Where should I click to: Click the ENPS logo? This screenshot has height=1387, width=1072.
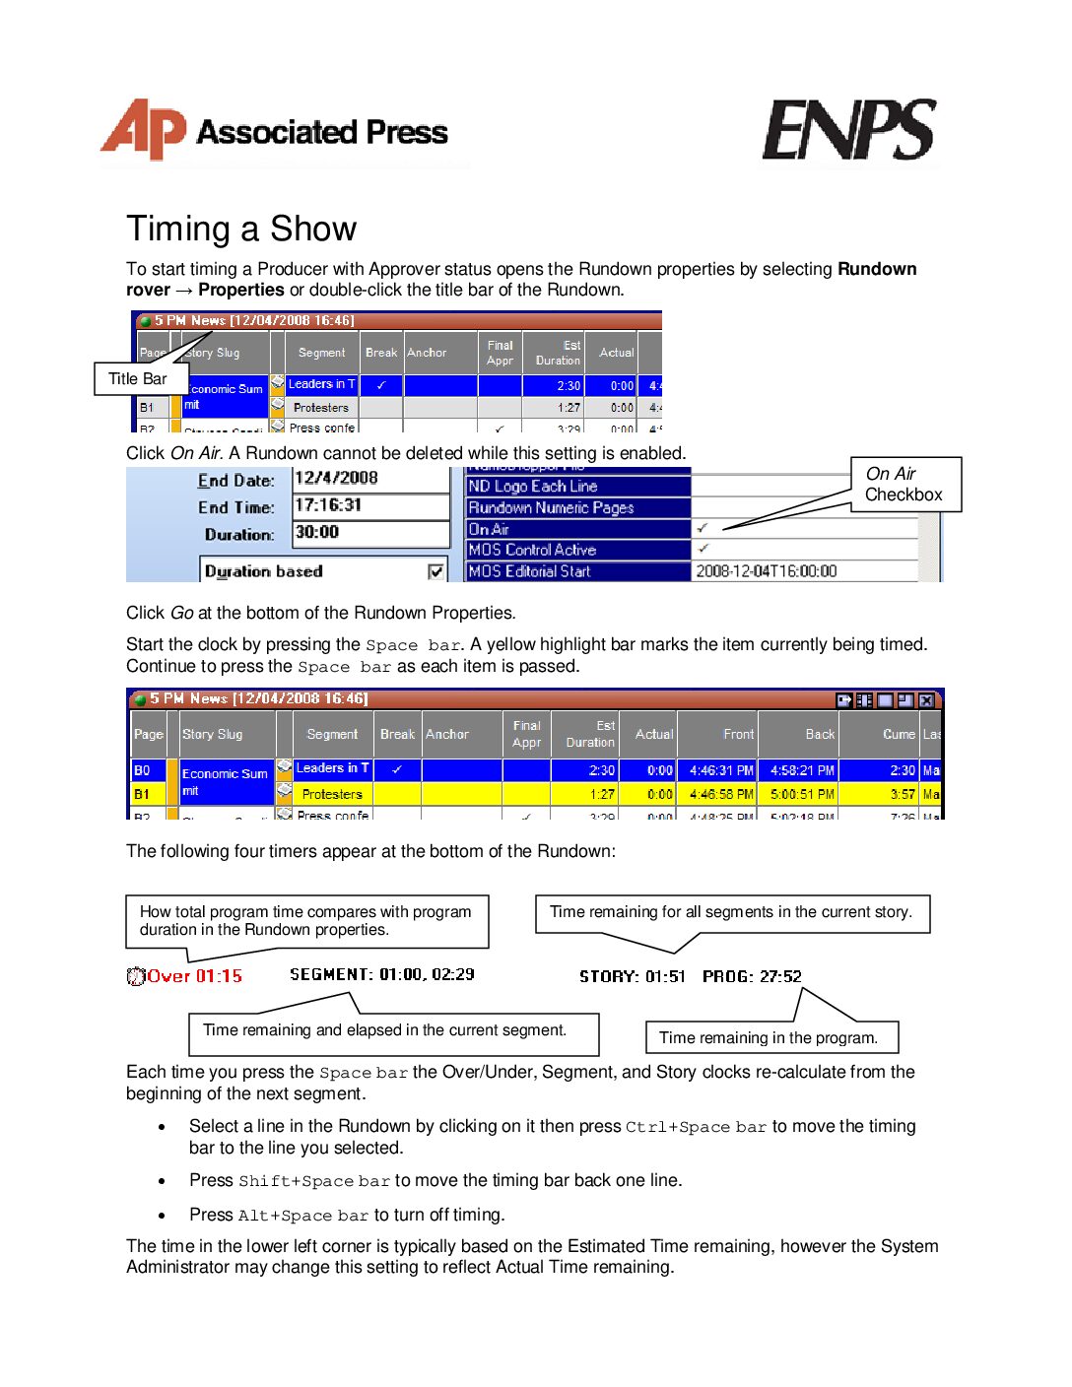(848, 130)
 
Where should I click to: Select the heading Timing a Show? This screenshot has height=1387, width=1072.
(241, 229)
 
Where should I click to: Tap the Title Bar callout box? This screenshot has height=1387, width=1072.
(138, 379)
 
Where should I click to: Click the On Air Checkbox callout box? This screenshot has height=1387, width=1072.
(904, 485)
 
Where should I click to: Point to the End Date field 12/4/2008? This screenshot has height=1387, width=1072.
(370, 479)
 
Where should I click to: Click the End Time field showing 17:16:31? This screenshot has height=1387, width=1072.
(370, 505)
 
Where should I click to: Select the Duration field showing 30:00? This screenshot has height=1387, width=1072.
(370, 533)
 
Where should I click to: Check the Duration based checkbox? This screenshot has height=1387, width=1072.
(435, 571)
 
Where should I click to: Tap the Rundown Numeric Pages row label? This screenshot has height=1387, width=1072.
(577, 507)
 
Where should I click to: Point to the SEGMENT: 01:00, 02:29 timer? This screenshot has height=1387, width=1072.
(382, 974)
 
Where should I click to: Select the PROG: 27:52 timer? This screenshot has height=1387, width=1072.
(752, 976)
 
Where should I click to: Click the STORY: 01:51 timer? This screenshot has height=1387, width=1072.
(632, 976)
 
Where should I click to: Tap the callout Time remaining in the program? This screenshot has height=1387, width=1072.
(769, 1037)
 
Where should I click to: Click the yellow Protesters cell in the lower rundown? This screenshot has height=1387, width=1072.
(332, 794)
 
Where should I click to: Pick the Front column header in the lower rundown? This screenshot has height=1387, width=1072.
(738, 734)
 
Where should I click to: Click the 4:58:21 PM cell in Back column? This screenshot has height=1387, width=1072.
(802, 770)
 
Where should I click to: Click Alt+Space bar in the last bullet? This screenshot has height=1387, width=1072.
(302, 1216)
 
